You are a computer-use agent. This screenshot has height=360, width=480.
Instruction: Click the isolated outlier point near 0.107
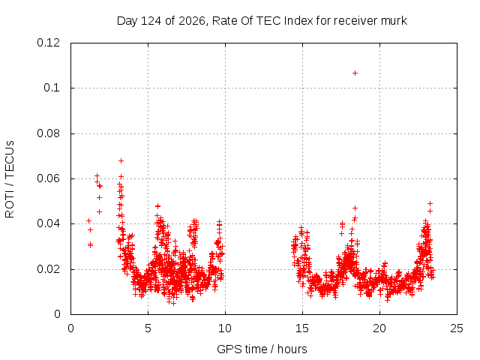click(x=355, y=73)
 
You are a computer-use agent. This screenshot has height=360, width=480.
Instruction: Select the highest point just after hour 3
click(x=121, y=160)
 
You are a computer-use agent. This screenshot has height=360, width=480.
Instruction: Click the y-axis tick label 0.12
click(x=48, y=43)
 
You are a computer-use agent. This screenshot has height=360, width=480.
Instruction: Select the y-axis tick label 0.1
click(x=52, y=88)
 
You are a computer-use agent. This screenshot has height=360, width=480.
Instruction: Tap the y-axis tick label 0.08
click(x=48, y=133)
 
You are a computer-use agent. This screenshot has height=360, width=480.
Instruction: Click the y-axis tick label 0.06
click(x=48, y=178)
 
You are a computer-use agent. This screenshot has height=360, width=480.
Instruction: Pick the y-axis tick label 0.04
click(x=48, y=223)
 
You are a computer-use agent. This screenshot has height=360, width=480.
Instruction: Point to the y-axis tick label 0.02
click(x=48, y=269)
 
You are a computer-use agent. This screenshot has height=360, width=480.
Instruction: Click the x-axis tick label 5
click(x=148, y=328)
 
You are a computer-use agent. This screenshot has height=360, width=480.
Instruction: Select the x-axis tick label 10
click(x=225, y=328)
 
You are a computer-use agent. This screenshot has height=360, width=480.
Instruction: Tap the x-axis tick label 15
click(x=302, y=328)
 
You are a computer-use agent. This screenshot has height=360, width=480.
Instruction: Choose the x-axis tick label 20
click(x=379, y=328)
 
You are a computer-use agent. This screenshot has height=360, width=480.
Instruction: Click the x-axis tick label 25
click(x=457, y=328)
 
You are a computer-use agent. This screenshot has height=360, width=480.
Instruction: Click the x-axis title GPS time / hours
click(x=262, y=349)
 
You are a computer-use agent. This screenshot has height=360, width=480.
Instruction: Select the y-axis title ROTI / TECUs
click(x=10, y=179)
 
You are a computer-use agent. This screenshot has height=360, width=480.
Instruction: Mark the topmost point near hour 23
click(x=430, y=203)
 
